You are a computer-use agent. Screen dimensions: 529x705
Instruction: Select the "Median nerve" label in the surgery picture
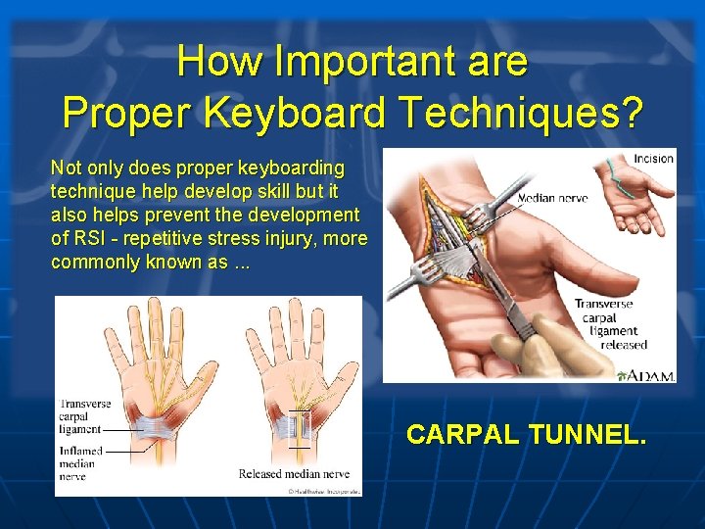552,198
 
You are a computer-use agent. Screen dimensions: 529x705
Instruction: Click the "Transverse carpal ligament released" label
611,323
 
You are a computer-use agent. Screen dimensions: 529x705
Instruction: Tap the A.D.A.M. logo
647,375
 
